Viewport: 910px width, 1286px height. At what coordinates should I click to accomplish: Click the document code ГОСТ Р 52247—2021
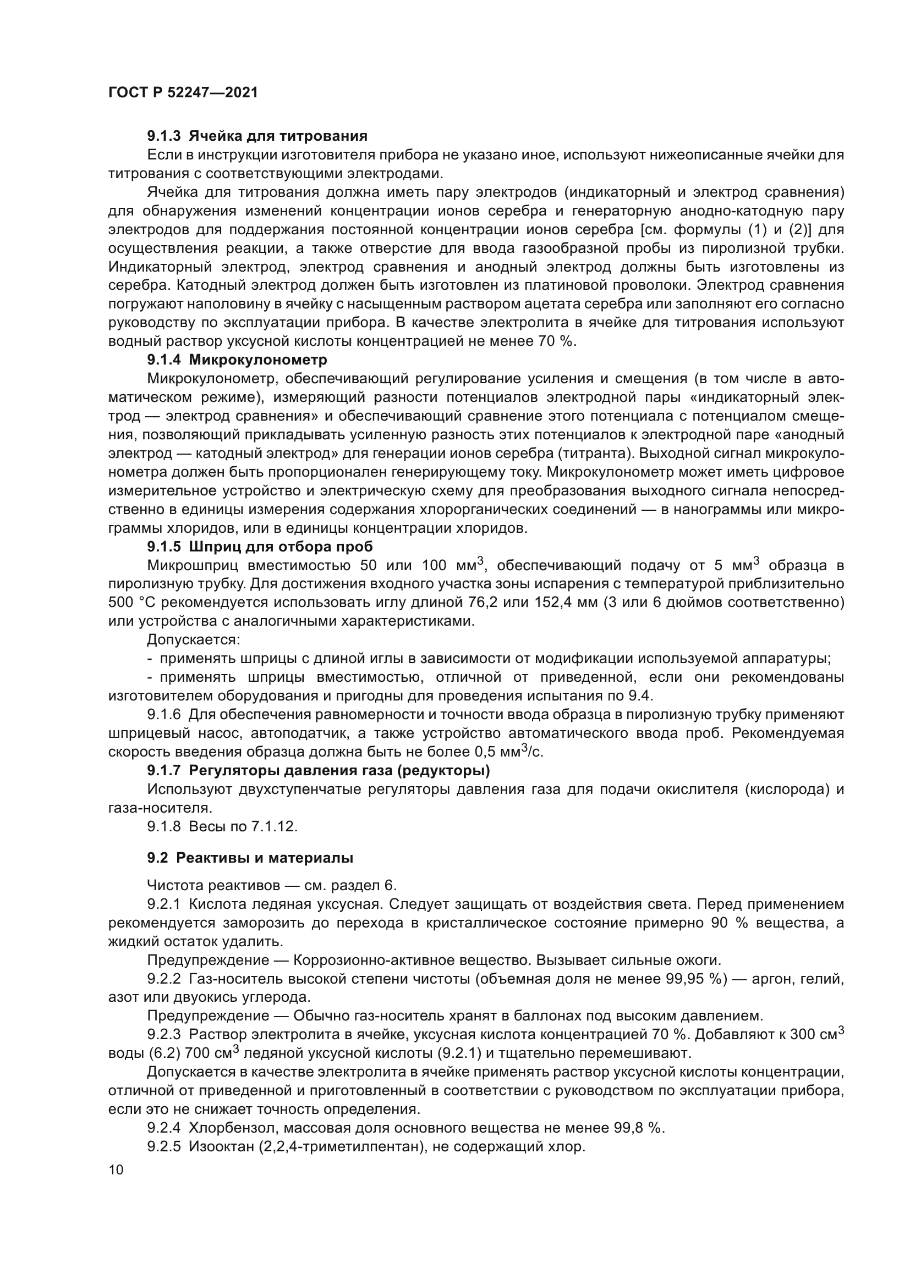point(183,93)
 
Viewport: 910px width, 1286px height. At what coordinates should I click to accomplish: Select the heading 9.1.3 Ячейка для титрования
point(257,136)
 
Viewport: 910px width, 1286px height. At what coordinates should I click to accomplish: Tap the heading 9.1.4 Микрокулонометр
point(237,360)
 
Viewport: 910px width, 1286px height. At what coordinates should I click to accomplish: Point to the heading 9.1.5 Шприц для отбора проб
point(260,547)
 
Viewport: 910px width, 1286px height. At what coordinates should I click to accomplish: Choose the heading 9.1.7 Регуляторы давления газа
point(318,771)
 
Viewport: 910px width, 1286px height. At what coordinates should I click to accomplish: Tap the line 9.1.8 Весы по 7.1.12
point(222,826)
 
